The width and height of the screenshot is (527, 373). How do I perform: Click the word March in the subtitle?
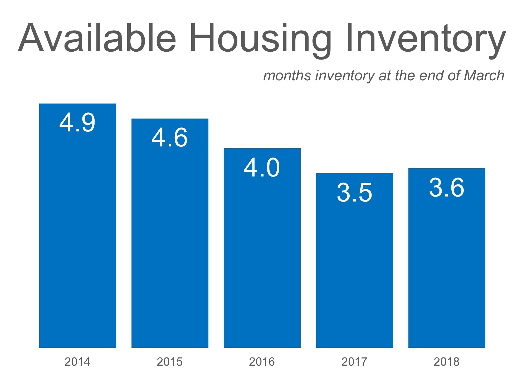[x=484, y=76]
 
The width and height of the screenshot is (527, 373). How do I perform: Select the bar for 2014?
[x=78, y=225]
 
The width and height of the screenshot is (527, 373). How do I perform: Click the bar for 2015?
[x=170, y=233]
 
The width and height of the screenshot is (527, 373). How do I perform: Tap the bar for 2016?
[x=262, y=248]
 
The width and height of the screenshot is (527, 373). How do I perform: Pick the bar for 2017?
[x=355, y=261]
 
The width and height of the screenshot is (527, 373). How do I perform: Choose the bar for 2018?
[x=447, y=258]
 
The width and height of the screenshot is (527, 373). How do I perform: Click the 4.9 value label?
[x=77, y=122]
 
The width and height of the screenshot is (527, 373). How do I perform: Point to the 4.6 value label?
[x=169, y=138]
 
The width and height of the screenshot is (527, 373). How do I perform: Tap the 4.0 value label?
[x=262, y=168]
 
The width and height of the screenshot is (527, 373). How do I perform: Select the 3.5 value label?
[x=354, y=193]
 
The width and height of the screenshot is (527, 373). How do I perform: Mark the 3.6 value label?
[x=447, y=188]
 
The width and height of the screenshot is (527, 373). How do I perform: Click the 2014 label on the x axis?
[x=77, y=362]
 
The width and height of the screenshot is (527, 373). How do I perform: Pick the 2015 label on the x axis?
[x=170, y=362]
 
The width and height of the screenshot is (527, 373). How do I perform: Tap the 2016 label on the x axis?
[x=262, y=362]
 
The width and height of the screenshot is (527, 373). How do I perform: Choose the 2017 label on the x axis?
[x=354, y=362]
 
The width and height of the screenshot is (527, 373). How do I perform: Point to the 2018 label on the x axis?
[x=447, y=362]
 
